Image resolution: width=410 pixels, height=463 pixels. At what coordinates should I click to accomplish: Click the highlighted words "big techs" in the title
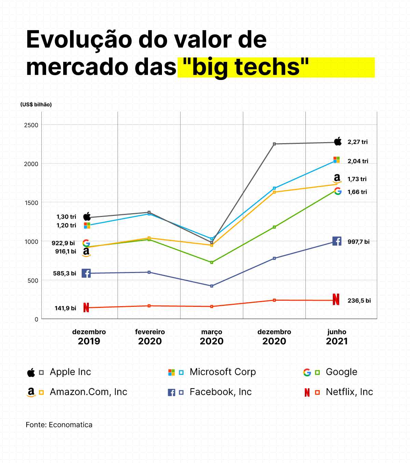click(246, 67)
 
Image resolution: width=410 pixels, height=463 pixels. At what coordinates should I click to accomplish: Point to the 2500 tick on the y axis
click(31, 125)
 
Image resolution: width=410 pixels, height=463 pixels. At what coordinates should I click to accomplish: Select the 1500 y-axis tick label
click(31, 203)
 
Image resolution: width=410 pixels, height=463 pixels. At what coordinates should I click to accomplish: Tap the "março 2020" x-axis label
click(211, 337)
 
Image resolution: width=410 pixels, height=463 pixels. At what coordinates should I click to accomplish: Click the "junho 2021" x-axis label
click(337, 337)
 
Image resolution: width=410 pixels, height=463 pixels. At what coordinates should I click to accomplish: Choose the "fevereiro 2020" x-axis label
click(150, 337)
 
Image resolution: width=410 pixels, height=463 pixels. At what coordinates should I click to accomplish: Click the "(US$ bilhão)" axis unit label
click(36, 105)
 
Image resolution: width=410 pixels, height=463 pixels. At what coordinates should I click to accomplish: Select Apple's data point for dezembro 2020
click(274, 144)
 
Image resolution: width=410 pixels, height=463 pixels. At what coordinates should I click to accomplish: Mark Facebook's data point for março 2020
click(212, 286)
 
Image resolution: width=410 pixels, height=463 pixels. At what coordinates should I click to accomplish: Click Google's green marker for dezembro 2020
click(274, 227)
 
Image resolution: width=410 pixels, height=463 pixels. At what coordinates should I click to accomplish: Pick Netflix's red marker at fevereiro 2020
click(149, 306)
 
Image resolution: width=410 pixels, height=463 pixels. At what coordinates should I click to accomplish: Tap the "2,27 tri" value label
click(357, 142)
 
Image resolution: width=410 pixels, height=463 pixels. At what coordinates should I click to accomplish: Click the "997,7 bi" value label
click(358, 242)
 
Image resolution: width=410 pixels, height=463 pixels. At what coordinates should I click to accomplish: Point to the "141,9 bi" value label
click(65, 308)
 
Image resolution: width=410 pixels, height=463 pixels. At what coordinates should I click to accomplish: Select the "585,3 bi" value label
click(65, 273)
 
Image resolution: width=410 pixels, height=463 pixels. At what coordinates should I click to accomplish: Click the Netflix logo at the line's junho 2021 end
click(336, 299)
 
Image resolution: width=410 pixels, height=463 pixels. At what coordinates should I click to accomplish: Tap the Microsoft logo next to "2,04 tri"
click(337, 160)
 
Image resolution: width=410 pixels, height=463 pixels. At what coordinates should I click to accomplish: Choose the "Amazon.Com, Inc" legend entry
click(88, 392)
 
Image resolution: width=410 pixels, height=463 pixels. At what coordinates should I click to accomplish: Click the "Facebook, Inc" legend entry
click(220, 392)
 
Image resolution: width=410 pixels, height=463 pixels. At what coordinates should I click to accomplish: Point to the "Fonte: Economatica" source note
click(59, 425)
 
